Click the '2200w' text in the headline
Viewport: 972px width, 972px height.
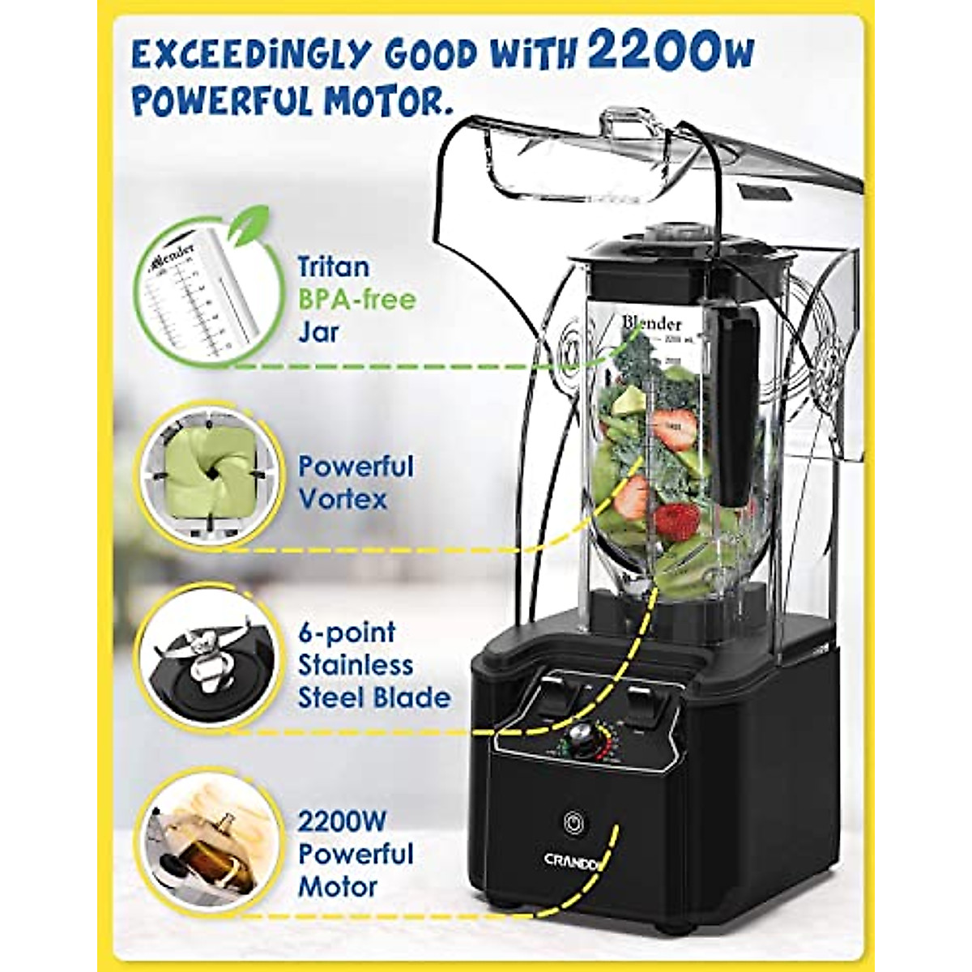point(671,50)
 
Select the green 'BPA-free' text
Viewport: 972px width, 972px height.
point(356,300)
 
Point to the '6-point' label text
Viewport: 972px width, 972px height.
point(347,632)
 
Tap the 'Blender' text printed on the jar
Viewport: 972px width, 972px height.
point(651,323)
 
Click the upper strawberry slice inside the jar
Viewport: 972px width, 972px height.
point(676,427)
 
